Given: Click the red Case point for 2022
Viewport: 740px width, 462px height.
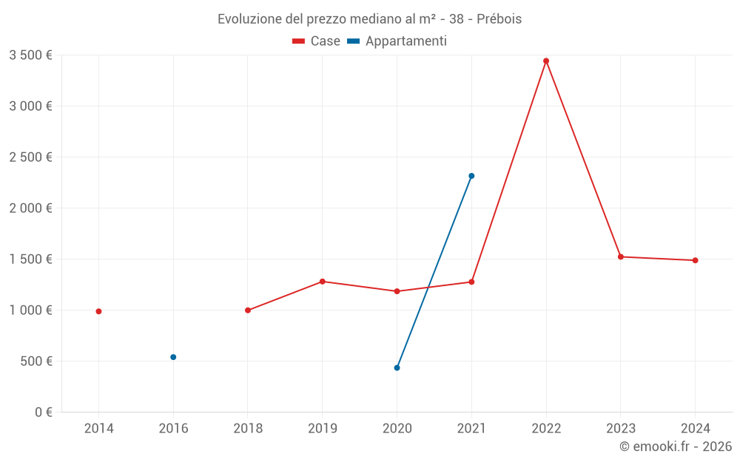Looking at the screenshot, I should [x=546, y=61].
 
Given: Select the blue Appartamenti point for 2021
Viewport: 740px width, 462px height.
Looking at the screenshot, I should [x=471, y=176].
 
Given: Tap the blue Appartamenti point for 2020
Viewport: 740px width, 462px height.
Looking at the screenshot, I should [x=397, y=367].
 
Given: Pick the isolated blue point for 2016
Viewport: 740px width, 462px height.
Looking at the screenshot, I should [x=173, y=357].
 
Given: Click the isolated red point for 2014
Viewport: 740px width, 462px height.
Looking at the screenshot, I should [x=98, y=311].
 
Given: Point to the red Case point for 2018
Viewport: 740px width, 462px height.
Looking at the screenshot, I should [x=248, y=310].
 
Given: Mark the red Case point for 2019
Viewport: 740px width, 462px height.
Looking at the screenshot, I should [x=323, y=282].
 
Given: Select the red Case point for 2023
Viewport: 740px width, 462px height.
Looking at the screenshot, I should [x=621, y=257].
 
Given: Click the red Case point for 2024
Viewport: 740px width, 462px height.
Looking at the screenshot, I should [x=696, y=260].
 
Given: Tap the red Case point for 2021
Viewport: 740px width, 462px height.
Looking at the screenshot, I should [x=471, y=282].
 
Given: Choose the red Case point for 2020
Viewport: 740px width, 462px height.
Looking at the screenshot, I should [x=397, y=291].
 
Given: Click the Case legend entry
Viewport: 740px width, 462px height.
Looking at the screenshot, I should [x=317, y=41].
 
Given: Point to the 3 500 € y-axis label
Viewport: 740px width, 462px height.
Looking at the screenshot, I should [x=30, y=55].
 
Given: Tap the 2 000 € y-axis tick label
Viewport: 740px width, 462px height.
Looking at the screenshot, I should [x=30, y=208].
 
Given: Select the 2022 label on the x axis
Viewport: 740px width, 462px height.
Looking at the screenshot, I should [x=546, y=428].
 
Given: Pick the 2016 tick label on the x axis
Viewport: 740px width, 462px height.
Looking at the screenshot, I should [x=173, y=428].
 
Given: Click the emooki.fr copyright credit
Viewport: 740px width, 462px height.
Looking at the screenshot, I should [x=676, y=446].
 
